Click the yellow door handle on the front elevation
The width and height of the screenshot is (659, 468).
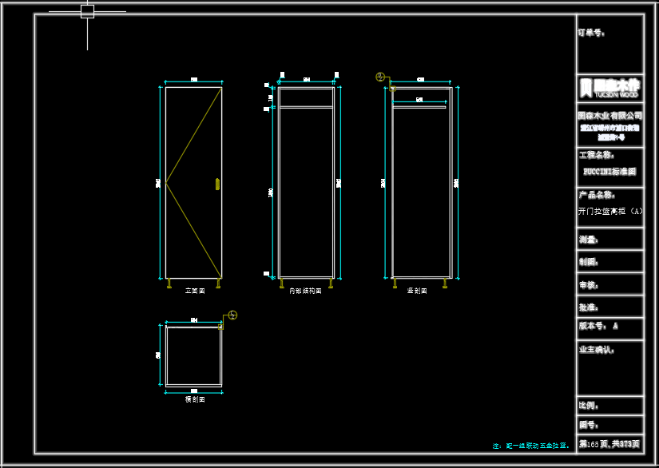(217, 184)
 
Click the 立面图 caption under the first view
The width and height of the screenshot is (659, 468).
(195, 291)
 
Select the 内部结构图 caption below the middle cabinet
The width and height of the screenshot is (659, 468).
(305, 291)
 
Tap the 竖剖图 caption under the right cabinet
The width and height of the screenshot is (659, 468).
(417, 291)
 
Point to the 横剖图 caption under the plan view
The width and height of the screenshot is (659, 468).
(195, 399)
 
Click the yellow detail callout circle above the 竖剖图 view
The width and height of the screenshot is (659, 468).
(381, 77)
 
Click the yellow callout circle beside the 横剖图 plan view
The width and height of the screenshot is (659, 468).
(232, 315)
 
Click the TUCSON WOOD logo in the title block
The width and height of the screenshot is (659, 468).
(609, 87)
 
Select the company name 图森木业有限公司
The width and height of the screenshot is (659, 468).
(609, 116)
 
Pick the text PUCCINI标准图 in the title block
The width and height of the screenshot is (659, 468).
(609, 171)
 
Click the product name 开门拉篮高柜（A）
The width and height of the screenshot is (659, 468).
(609, 212)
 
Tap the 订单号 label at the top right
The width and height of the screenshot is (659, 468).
(591, 33)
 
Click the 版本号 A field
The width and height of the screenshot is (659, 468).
(598, 326)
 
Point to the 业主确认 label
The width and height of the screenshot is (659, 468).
(597, 349)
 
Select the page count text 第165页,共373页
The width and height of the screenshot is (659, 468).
(609, 443)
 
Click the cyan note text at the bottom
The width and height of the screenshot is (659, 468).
(531, 446)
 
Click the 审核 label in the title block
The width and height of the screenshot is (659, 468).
(589, 284)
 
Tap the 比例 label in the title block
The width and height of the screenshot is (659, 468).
(589, 406)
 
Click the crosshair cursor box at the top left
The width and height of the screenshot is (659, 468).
(87, 11)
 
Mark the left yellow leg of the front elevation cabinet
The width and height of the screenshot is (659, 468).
(169, 283)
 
